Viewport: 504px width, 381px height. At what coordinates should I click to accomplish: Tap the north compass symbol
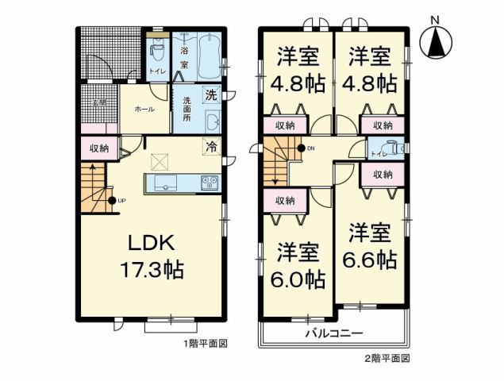435,43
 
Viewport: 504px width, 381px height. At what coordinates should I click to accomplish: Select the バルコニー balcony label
334,333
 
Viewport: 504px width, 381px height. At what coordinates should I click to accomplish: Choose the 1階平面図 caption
207,344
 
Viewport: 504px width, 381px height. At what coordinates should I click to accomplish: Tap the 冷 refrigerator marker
210,147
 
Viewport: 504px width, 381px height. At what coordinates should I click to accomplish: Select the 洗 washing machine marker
211,95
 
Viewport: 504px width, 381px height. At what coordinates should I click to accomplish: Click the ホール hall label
144,109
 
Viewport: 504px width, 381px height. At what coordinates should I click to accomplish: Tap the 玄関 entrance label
98,102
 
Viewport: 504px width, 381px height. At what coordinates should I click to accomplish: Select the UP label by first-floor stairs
121,200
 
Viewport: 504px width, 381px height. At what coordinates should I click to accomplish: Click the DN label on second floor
310,148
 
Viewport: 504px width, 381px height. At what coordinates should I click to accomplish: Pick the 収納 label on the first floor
98,148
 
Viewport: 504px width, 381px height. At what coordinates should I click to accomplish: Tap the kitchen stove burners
209,183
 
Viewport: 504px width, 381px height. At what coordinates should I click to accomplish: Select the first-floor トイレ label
156,72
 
